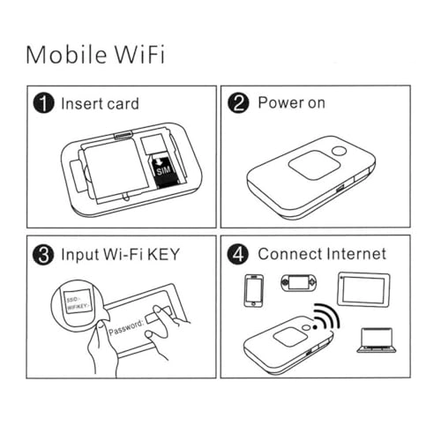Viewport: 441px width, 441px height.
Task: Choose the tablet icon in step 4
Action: [363, 288]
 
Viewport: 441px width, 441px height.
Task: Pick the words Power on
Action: [291, 103]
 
